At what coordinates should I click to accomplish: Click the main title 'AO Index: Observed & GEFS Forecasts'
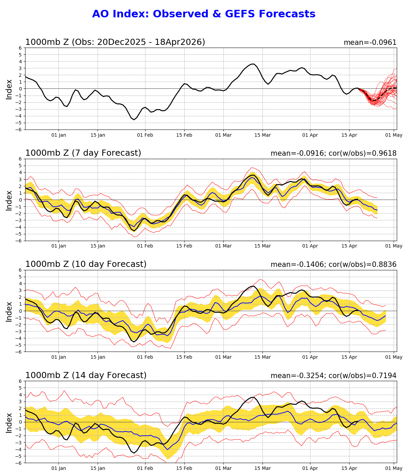[204, 14]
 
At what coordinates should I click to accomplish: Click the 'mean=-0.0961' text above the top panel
[370, 42]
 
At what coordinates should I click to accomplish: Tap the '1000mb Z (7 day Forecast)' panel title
[83, 153]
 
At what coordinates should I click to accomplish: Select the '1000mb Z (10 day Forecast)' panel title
[86, 264]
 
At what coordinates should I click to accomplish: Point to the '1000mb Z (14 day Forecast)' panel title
[86, 375]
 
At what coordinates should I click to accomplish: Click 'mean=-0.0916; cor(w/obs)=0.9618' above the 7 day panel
[333, 153]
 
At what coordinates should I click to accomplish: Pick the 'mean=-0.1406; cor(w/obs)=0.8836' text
[333, 265]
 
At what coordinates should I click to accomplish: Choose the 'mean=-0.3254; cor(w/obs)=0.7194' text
[333, 376]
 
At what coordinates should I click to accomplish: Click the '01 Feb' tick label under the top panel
[145, 135]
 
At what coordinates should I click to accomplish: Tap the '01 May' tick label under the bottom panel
[394, 468]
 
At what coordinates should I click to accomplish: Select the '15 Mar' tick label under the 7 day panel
[262, 246]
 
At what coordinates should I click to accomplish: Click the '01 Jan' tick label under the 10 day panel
[58, 357]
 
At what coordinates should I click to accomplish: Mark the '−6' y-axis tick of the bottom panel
[19, 463]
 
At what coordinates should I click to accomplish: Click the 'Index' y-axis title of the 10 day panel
[9, 311]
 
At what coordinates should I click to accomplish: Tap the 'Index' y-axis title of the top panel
[9, 89]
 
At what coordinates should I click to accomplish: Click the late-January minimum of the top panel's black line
[134, 119]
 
